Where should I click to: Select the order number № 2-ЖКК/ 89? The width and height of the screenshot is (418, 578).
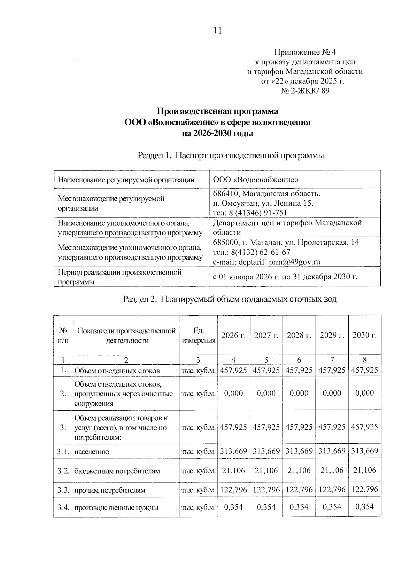[305, 91]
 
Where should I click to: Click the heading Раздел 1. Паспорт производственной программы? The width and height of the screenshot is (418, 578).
[231, 155]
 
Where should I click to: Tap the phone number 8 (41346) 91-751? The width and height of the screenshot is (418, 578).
[258, 213]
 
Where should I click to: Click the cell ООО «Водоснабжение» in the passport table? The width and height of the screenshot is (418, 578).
[256, 180]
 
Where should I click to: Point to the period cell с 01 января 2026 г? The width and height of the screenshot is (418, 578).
[285, 277]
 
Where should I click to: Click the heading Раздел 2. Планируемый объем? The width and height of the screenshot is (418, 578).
[230, 299]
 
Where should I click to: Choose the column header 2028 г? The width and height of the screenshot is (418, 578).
[299, 335]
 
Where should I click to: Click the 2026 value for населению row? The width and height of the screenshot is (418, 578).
[233, 451]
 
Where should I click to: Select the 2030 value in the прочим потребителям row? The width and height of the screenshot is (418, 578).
[364, 490]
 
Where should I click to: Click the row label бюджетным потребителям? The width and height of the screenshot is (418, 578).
[117, 471]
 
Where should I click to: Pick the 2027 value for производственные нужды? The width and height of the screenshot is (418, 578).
[266, 507]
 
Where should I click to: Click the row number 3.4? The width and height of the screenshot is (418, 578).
[63, 507]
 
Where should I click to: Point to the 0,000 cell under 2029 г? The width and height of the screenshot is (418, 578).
[332, 393]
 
